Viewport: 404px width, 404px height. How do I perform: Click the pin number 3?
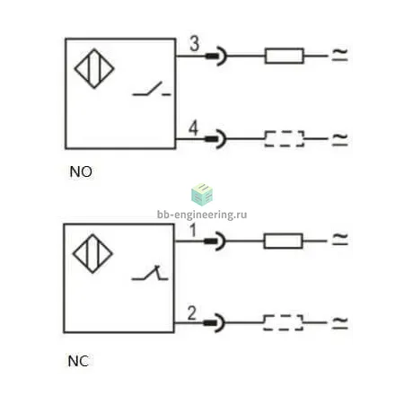click(x=195, y=44)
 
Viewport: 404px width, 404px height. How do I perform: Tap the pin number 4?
click(x=194, y=128)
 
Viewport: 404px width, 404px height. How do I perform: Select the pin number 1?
click(x=193, y=230)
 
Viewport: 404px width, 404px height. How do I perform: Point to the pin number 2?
click(x=192, y=312)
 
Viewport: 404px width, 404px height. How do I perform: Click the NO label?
click(x=81, y=171)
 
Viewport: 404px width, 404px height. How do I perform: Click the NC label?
click(x=78, y=361)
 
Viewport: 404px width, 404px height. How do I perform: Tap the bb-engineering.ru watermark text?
click(x=202, y=215)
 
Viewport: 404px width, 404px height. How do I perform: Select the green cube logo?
click(x=202, y=195)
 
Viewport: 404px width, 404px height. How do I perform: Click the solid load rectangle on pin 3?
click(x=285, y=56)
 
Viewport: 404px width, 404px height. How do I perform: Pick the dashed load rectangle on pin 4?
click(x=285, y=139)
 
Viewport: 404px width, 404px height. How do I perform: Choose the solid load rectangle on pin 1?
click(x=283, y=241)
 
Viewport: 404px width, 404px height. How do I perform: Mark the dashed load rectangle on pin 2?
click(x=283, y=322)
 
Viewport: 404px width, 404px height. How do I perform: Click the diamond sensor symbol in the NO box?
click(x=94, y=68)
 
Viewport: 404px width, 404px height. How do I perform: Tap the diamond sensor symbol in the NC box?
click(x=92, y=254)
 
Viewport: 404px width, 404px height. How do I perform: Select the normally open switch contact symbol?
click(x=152, y=89)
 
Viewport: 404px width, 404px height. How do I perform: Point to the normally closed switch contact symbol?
click(x=150, y=273)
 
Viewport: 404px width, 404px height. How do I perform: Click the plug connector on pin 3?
click(x=216, y=56)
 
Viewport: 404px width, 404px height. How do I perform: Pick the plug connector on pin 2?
click(x=214, y=323)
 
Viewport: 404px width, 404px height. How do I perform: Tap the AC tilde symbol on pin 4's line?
click(x=340, y=139)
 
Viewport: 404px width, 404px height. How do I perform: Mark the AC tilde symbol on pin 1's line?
click(x=340, y=239)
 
